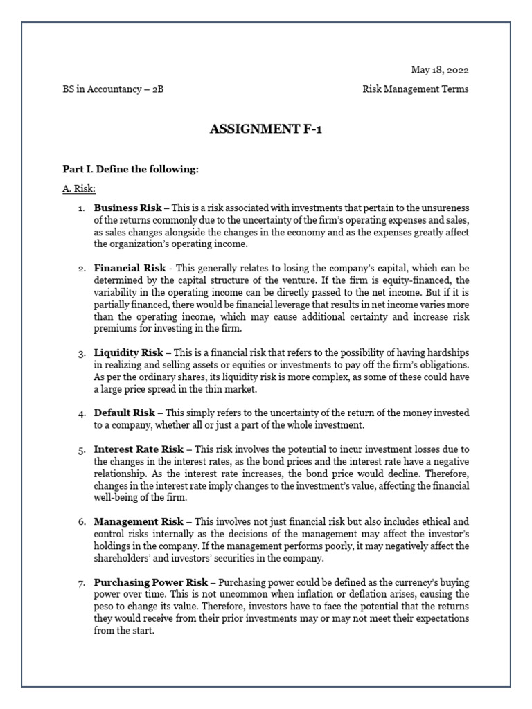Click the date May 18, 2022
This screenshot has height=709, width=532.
[440, 70]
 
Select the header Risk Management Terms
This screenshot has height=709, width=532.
[416, 89]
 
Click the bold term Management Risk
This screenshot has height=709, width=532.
[139, 521]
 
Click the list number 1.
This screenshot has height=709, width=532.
[81, 208]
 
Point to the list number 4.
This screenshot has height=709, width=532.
[81, 413]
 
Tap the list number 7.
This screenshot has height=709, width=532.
[81, 583]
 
